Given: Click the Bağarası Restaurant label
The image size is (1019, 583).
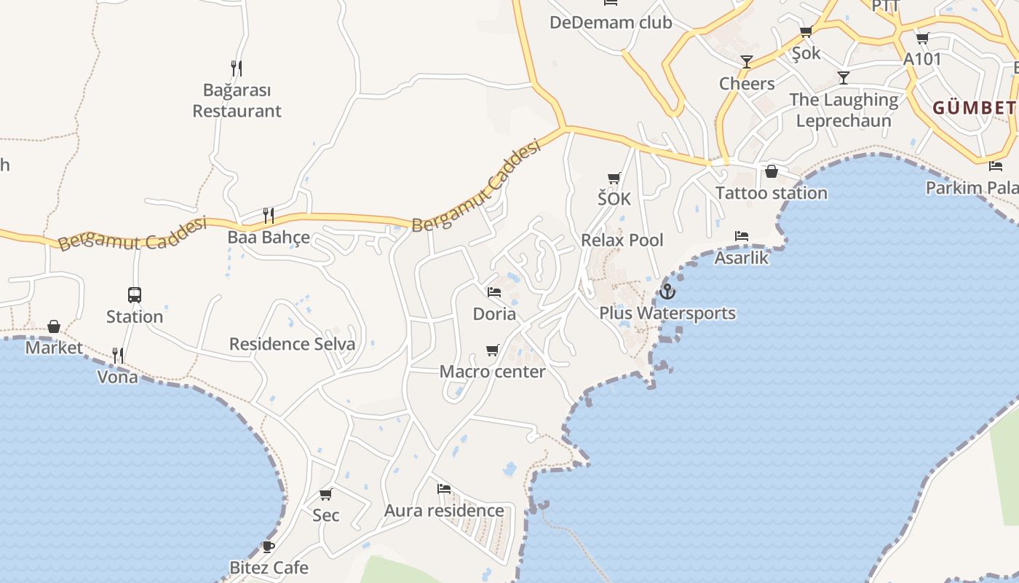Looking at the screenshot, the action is pyautogui.click(x=237, y=101).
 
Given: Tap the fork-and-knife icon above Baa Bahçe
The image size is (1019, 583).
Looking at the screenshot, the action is pyautogui.click(x=269, y=215).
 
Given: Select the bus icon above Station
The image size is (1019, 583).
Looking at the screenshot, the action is pyautogui.click(x=135, y=295).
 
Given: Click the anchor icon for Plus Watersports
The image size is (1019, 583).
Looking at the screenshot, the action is pyautogui.click(x=667, y=291).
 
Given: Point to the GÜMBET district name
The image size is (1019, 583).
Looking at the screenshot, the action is pyautogui.click(x=974, y=109).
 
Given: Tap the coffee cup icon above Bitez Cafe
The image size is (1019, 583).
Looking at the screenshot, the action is pyautogui.click(x=269, y=547).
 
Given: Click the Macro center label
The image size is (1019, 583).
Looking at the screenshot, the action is pyautogui.click(x=492, y=372).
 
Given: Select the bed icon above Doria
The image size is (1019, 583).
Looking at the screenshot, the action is pyautogui.click(x=494, y=292).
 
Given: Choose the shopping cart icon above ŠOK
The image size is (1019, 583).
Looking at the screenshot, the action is pyautogui.click(x=614, y=178).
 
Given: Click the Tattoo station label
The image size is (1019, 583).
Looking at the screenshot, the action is pyautogui.click(x=771, y=193).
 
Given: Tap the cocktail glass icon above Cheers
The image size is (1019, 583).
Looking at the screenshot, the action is pyautogui.click(x=747, y=62).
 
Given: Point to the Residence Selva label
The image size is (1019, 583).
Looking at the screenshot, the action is pyautogui.click(x=292, y=344).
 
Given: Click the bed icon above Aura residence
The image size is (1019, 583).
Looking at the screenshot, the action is pyautogui.click(x=444, y=488).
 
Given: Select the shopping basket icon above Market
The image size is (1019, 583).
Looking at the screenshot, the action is pyautogui.click(x=54, y=326).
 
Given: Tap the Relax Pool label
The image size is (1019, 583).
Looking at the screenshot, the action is pyautogui.click(x=622, y=240).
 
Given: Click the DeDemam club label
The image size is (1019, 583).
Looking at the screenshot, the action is pyautogui.click(x=610, y=23).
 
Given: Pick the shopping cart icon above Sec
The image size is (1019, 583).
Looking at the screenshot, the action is pyautogui.click(x=325, y=494).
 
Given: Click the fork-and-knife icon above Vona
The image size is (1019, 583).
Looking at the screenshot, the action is pyautogui.click(x=118, y=356).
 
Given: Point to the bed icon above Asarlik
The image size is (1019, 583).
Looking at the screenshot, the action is pyautogui.click(x=742, y=236).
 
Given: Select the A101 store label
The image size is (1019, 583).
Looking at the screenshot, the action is pyautogui.click(x=922, y=60).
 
